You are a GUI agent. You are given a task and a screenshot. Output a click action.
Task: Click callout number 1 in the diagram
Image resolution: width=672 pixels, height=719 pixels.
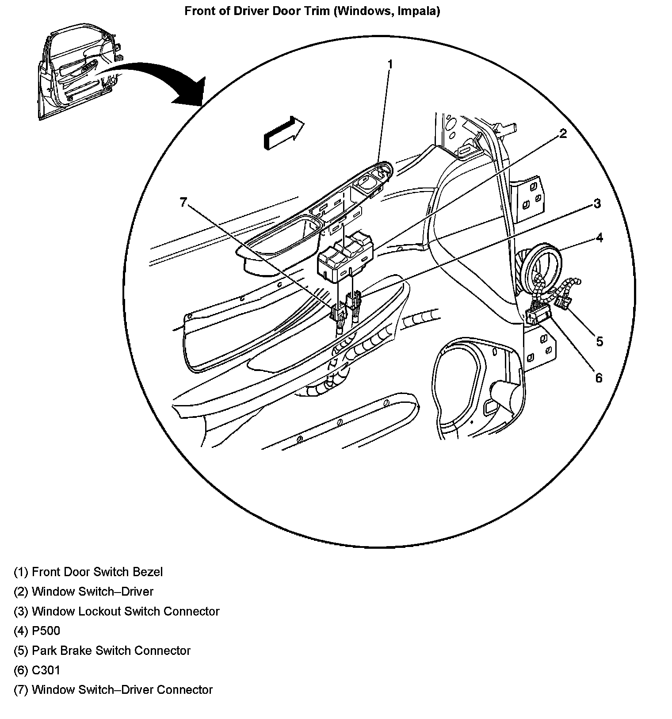390,65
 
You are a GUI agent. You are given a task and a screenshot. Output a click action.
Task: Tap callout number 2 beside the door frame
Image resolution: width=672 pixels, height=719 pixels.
563,134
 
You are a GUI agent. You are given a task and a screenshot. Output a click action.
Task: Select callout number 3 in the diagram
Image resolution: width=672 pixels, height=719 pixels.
597,203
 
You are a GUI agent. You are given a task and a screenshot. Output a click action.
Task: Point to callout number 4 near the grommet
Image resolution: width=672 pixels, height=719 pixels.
599,238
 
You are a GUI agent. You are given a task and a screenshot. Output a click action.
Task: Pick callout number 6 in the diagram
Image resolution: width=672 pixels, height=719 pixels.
599,378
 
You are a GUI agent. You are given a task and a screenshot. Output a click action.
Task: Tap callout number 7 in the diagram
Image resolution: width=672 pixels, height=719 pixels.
184,202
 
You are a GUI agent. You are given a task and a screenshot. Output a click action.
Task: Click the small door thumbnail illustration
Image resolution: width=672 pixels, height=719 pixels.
80,73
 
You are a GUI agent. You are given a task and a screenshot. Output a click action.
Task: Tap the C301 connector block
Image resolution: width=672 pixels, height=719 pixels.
537,316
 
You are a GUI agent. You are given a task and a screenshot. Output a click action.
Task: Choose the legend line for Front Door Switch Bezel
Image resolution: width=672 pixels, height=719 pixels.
88,572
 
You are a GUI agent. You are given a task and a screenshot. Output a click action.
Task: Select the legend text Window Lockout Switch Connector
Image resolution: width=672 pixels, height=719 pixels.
117,611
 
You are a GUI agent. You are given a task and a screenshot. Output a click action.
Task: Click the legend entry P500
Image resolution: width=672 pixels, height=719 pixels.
37,631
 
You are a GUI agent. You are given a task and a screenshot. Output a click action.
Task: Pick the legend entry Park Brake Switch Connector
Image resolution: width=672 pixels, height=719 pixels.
102,650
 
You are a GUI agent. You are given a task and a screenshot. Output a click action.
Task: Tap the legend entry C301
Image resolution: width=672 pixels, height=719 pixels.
37,670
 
